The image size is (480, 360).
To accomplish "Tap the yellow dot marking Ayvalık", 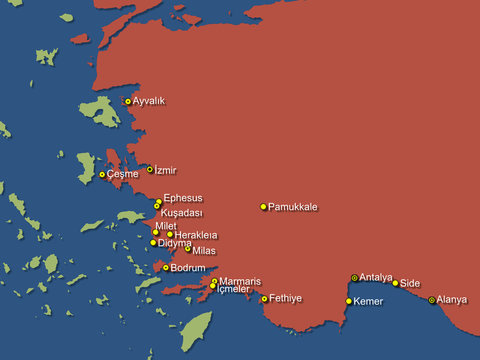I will click(128, 101).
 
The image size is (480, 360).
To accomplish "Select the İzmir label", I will click(166, 171).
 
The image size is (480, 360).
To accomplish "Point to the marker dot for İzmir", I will click(150, 169).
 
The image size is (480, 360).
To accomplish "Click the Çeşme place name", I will click(122, 175).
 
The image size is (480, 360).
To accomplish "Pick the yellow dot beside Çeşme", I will click(102, 175).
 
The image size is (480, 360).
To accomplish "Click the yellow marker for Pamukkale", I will click(264, 207).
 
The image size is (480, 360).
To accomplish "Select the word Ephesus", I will click(183, 198).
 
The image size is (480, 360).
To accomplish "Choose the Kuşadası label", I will click(182, 213).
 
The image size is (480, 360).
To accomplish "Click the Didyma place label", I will click(174, 243).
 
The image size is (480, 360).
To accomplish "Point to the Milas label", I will click(203, 250).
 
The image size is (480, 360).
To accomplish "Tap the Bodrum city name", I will click(188, 268).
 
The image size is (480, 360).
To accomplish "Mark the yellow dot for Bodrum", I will click(166, 268).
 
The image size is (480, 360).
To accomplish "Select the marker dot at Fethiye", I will click(264, 299).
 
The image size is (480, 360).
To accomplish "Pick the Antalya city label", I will click(376, 277).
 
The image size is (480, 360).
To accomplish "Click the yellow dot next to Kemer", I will click(349, 301).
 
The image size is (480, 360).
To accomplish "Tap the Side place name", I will click(410, 284).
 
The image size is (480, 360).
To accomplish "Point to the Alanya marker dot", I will click(432, 300).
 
